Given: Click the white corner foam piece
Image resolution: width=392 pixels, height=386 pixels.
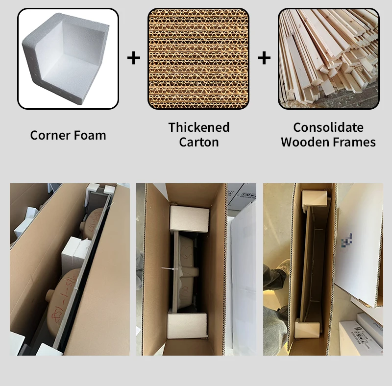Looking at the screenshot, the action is point(68,59).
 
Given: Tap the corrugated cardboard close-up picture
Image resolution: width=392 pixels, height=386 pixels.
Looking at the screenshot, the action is point(198,58).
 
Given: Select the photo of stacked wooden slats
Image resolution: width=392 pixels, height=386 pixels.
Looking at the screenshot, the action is point(328,58).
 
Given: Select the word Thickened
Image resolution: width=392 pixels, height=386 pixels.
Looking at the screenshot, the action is point(198,127).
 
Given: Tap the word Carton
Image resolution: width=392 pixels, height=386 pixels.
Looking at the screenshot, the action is point(198,143).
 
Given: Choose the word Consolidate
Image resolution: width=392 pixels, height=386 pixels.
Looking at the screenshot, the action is point(328,127).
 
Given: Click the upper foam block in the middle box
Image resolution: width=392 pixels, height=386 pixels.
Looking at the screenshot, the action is point(189,218).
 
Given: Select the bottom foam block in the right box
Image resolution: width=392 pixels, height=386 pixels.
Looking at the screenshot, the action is point(308,329).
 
